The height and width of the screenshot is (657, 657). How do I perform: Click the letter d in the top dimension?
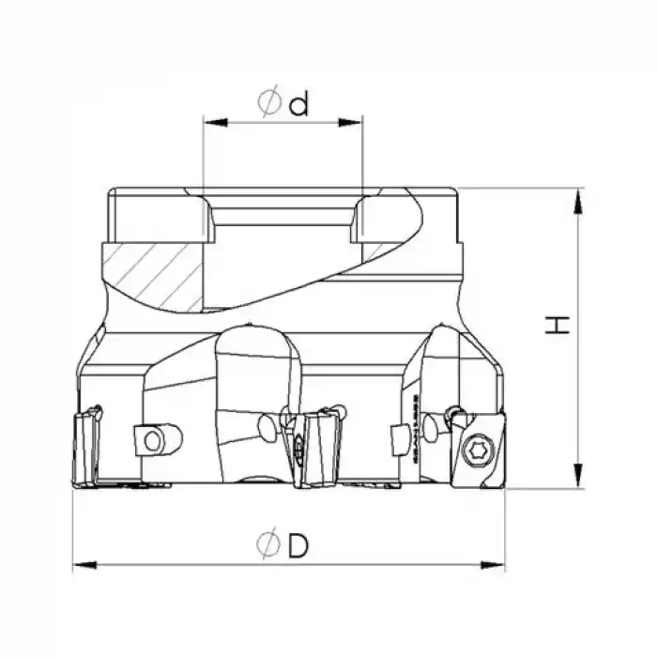299,104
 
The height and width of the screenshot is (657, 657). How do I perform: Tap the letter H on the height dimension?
559,326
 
